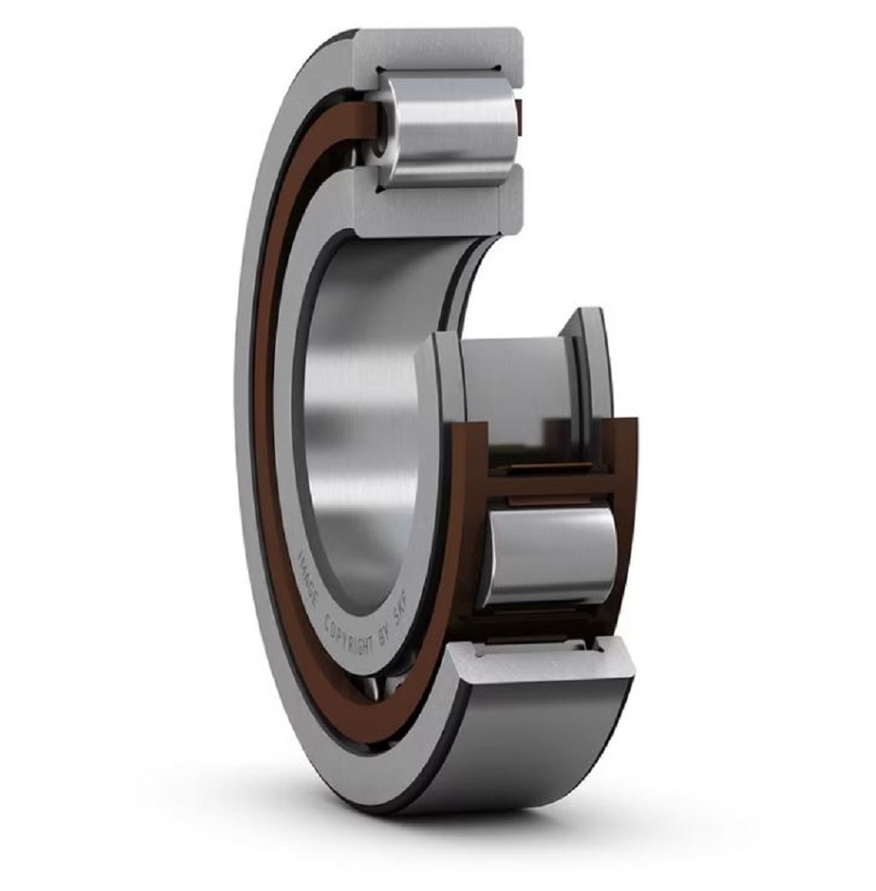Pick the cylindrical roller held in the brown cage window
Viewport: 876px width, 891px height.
pyautogui.click(x=550, y=556)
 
